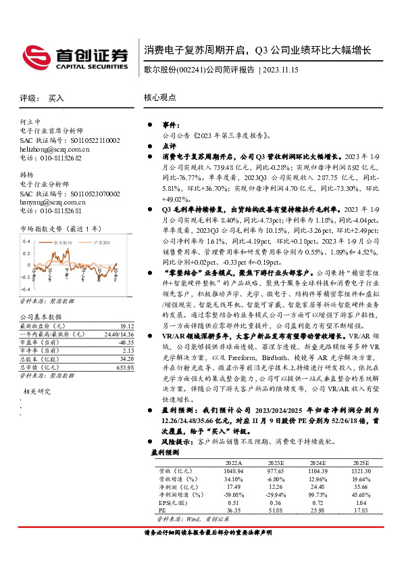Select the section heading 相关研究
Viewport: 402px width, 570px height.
tap(38, 391)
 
